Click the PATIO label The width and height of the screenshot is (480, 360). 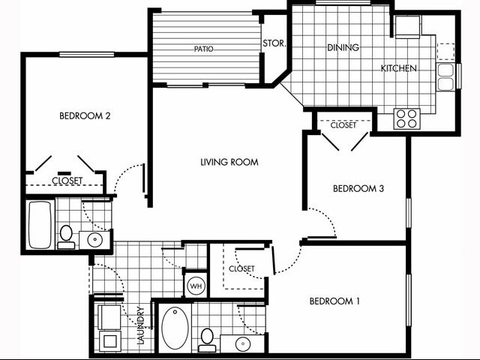[204, 49]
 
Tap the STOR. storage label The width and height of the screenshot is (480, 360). [274, 43]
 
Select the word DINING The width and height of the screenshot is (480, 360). [343, 47]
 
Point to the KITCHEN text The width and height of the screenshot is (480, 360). [398, 68]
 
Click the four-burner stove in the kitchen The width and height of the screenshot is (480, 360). [407, 118]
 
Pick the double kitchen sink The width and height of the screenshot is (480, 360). [445, 76]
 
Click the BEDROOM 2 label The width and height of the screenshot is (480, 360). [85, 115]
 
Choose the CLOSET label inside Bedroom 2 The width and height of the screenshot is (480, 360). [67, 181]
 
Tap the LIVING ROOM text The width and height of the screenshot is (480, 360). [229, 162]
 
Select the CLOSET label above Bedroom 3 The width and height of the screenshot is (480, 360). [343, 125]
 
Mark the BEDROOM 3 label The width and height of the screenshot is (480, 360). [358, 188]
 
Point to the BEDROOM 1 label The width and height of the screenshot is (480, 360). [334, 301]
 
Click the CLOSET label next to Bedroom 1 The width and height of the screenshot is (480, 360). [241, 268]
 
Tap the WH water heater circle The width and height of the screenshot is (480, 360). [195, 286]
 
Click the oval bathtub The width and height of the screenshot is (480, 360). [176, 328]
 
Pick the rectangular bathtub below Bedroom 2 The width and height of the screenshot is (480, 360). [40, 224]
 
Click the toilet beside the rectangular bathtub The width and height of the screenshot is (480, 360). [66, 235]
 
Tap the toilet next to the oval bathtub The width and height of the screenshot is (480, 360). [208, 338]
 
